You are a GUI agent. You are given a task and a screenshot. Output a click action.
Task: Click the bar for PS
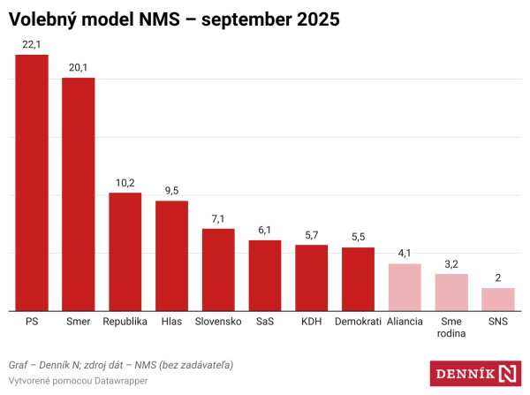(x=32, y=183)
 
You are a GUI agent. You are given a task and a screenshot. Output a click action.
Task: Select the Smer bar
(x=78, y=194)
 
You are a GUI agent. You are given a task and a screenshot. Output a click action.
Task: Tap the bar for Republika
(x=125, y=252)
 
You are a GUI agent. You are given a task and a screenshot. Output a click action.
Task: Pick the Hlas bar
(x=171, y=255)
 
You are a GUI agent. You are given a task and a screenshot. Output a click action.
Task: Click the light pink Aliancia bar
(x=405, y=287)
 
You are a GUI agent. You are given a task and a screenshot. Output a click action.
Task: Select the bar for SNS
(x=497, y=300)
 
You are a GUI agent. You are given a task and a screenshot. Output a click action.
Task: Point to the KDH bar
(x=311, y=277)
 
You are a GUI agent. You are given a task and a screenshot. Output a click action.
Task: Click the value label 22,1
(x=32, y=44)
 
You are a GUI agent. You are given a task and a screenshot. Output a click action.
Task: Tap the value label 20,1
(x=78, y=67)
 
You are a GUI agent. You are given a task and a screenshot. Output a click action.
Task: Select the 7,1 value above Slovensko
(x=218, y=218)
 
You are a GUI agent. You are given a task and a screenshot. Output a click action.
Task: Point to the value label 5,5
(x=358, y=237)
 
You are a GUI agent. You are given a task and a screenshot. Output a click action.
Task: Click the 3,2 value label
(x=451, y=263)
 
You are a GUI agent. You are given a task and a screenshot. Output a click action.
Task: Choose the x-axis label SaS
(x=264, y=322)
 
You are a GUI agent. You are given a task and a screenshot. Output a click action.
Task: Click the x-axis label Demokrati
(x=358, y=322)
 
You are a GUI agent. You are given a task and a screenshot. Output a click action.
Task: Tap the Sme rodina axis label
(x=451, y=328)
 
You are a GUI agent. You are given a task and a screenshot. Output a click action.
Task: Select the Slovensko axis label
(x=218, y=322)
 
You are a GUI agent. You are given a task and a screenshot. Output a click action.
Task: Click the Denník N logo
(x=475, y=373)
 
